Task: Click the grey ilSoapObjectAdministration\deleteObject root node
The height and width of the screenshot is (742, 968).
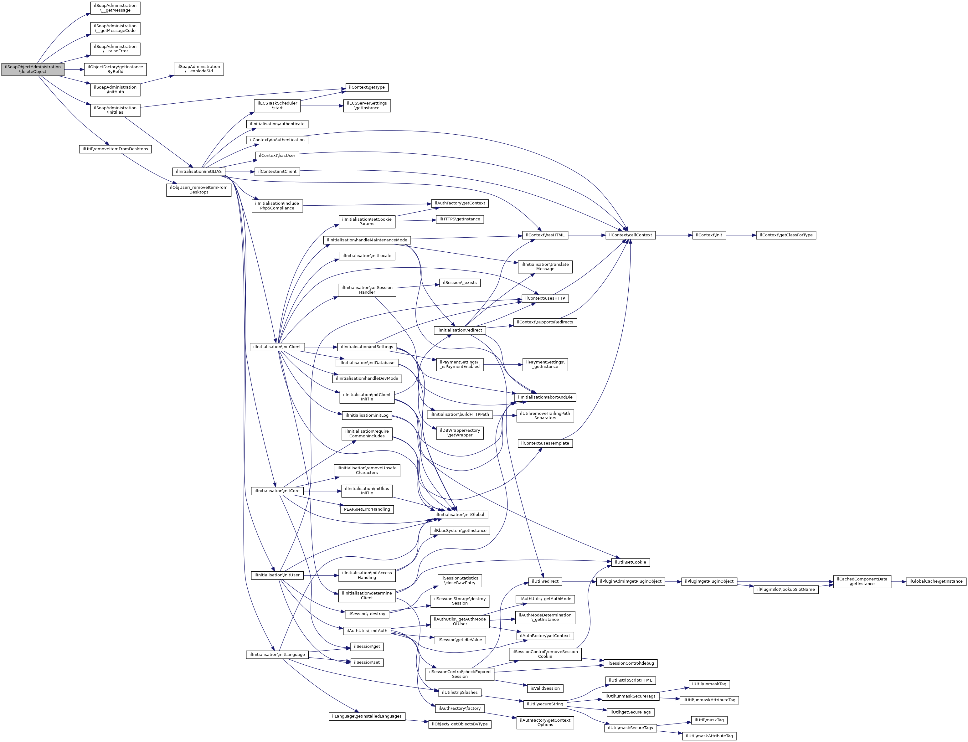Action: [x=33, y=69]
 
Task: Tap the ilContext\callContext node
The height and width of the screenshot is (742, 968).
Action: [x=630, y=235]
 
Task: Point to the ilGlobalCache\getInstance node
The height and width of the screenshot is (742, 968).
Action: [x=936, y=581]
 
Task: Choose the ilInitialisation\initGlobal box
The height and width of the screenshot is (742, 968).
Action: [x=459, y=514]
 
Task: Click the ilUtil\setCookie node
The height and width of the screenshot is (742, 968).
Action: [x=630, y=562]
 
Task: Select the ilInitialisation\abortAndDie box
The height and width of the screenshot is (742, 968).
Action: [x=545, y=397]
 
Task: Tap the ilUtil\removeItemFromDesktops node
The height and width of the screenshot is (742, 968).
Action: [x=115, y=149]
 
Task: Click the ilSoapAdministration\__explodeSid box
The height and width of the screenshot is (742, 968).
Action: [x=199, y=69]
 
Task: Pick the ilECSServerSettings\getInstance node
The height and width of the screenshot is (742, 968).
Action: [x=367, y=106]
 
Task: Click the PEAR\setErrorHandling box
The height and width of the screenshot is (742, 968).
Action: [x=367, y=509]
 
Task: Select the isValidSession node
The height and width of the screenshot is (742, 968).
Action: [x=545, y=688]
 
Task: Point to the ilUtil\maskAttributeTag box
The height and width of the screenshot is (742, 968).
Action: [x=709, y=736]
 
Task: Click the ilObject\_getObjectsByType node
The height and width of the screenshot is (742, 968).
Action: [x=459, y=724]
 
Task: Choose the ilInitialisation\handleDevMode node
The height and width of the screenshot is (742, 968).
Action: [x=367, y=379]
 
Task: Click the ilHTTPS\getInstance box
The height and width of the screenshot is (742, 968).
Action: [x=459, y=219]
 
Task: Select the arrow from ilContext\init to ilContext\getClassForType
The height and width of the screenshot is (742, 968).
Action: [x=741, y=235]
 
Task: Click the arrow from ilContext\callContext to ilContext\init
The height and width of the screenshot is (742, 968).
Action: [x=673, y=235]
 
